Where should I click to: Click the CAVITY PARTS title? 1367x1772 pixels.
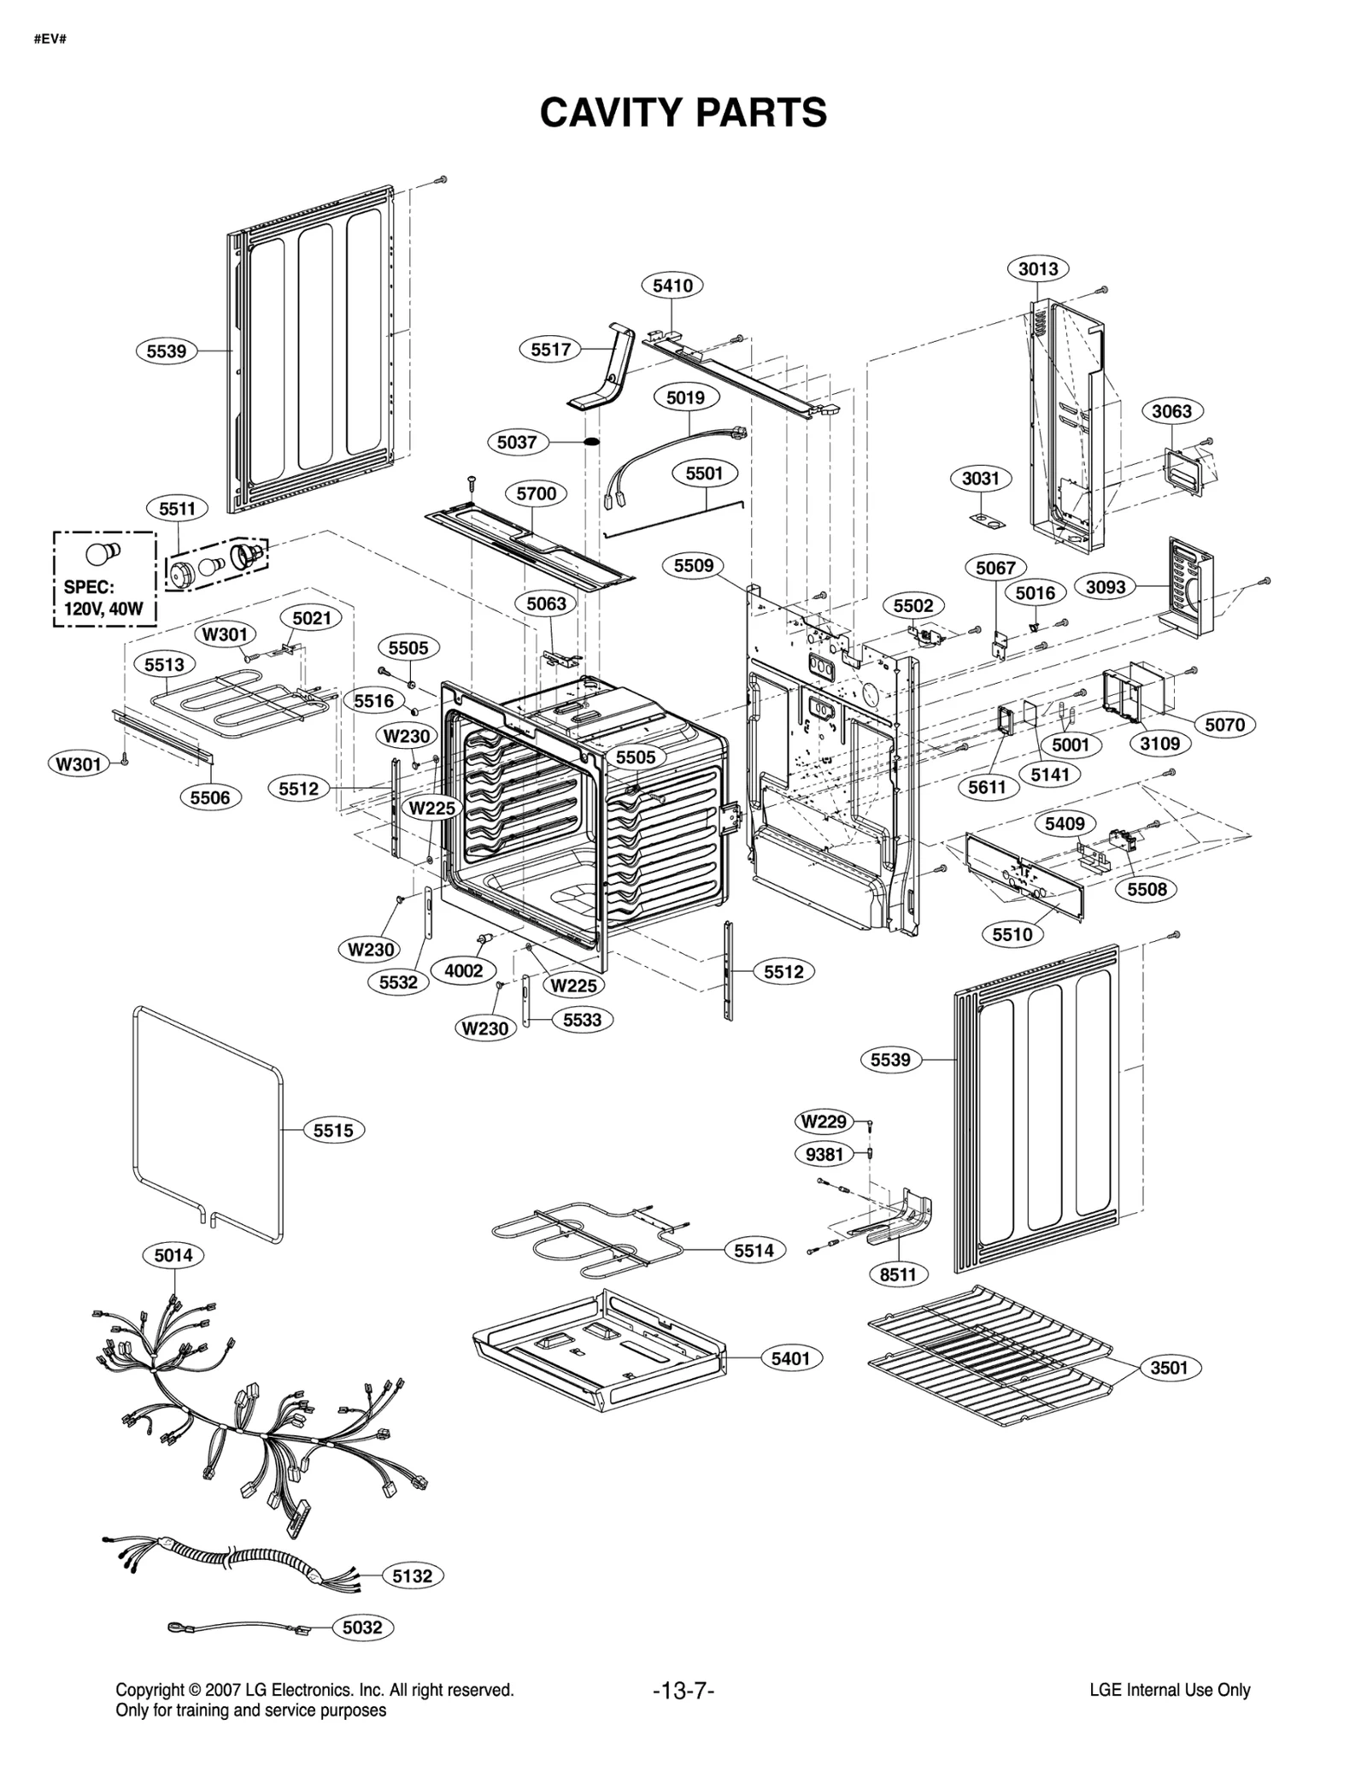coord(683,113)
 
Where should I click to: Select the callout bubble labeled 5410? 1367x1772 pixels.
coord(672,286)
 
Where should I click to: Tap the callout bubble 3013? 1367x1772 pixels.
coord(1037,268)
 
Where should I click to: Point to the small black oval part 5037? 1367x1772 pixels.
coord(590,442)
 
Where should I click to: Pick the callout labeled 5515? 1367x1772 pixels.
coord(333,1130)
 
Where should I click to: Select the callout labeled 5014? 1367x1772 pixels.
coord(173,1255)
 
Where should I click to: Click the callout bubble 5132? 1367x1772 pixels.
coord(412,1575)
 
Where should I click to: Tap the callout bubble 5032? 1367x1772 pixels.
coord(362,1628)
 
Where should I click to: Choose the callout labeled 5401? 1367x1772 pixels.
coord(790,1358)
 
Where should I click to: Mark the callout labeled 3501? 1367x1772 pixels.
coord(1169,1368)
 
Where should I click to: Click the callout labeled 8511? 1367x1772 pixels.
coord(898,1275)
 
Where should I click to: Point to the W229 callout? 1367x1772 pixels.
coord(824,1121)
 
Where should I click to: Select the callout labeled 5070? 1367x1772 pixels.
coord(1224,725)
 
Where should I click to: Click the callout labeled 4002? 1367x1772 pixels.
coord(463,970)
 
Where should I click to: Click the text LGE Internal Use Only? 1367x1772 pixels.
coord(1170,1690)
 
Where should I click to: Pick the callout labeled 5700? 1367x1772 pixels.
coord(536,493)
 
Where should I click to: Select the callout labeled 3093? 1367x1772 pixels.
coord(1106,586)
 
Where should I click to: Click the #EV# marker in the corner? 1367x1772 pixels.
coord(50,39)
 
